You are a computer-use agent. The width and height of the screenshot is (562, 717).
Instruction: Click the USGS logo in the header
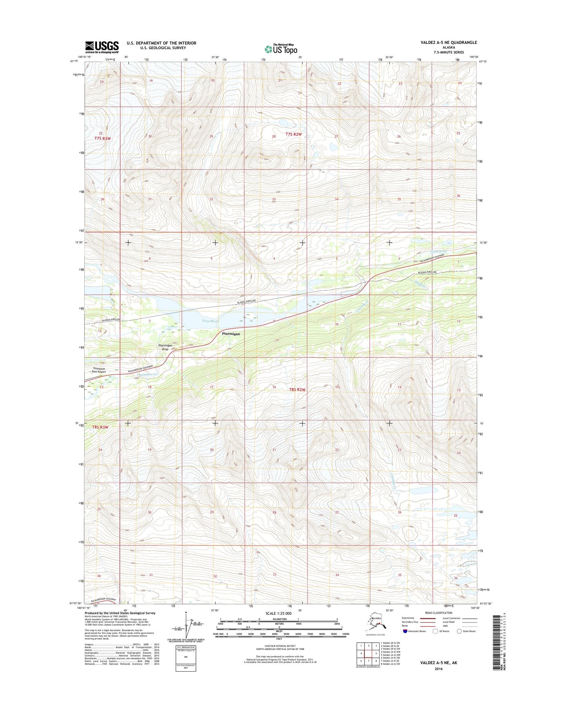(102, 47)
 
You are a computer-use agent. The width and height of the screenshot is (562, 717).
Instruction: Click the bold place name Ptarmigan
(231, 333)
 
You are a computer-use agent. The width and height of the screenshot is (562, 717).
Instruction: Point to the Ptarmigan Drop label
(165, 347)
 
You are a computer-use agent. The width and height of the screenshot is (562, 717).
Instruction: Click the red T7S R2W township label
(293, 134)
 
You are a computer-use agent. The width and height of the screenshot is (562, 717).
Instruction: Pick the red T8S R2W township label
(297, 390)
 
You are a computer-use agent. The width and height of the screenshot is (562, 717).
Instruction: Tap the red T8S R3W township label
(100, 427)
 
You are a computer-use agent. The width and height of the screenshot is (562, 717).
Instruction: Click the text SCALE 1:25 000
(278, 613)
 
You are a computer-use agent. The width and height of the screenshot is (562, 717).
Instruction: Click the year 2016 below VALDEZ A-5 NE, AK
(438, 669)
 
